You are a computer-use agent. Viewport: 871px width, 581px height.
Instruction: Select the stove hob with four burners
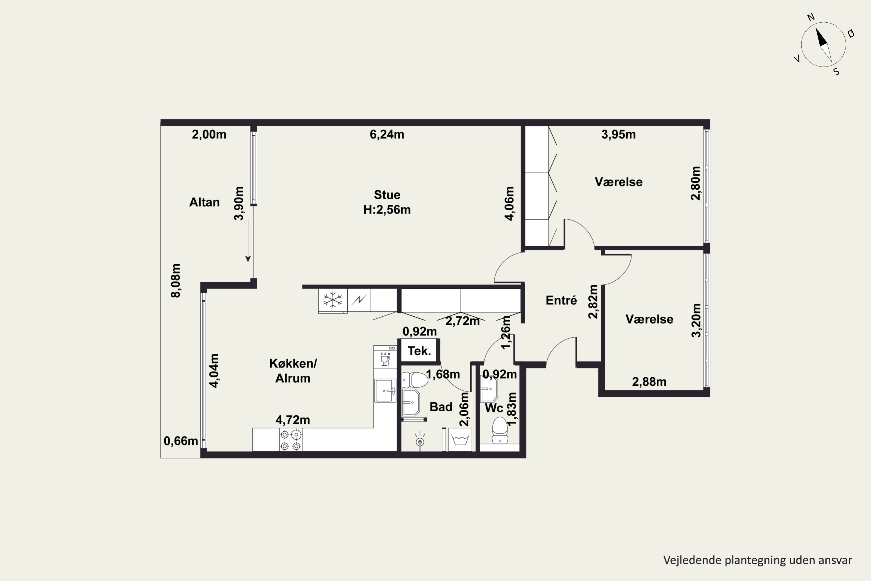(x=291, y=440)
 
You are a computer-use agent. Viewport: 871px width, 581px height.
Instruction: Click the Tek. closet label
(x=419, y=351)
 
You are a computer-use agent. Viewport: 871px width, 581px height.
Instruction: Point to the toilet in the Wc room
(x=500, y=431)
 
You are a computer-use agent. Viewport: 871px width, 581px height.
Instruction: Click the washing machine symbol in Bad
(x=460, y=440)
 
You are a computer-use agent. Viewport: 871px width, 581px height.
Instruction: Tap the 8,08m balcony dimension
(x=176, y=281)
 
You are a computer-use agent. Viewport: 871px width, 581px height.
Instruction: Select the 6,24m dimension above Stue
(x=387, y=134)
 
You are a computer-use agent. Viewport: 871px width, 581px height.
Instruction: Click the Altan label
(x=204, y=202)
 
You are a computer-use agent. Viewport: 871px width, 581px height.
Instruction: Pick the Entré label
(x=561, y=300)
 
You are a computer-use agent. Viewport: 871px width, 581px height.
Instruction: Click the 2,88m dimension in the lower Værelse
(x=649, y=382)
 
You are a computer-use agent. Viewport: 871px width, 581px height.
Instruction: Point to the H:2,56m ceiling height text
(x=387, y=210)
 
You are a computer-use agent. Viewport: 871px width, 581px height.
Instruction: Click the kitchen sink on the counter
(x=385, y=390)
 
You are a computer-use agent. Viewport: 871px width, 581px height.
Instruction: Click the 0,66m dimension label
(x=181, y=441)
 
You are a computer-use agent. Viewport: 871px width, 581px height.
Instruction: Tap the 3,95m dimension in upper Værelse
(x=618, y=134)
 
